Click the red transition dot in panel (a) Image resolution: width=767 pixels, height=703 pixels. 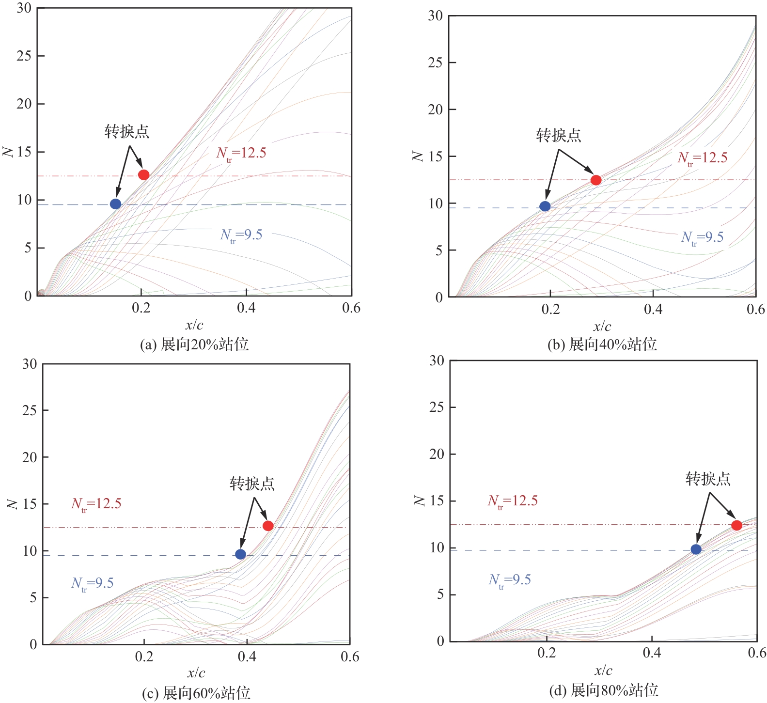coord(143,174)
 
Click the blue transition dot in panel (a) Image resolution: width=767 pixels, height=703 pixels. coord(115,204)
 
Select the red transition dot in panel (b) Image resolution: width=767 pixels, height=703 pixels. coord(596,180)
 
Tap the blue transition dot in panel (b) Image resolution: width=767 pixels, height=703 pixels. coord(545,206)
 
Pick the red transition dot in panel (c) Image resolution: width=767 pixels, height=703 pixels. coord(268,526)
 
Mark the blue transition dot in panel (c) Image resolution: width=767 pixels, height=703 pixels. coord(240,554)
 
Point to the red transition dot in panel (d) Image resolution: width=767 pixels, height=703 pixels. coord(736,525)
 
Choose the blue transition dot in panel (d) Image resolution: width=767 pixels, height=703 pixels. coord(696,549)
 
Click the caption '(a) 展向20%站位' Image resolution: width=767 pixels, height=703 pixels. coord(194,344)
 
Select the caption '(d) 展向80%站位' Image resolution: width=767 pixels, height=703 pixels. coord(603,690)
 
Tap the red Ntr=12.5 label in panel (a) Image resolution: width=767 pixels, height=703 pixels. coord(241,154)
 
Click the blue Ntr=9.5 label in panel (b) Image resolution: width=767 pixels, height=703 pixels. coord(702,237)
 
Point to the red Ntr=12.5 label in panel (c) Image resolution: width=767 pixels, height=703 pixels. coord(96,504)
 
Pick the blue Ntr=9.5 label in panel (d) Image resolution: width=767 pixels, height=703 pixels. coord(510,580)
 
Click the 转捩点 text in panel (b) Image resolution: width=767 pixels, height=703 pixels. coord(559,135)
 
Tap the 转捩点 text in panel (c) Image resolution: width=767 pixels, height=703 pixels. coord(252,484)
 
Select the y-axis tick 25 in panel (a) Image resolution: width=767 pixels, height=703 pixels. coord(24,56)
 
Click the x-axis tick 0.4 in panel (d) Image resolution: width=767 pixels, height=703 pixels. coord(652,653)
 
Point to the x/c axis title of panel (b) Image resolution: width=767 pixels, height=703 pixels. coord(602,327)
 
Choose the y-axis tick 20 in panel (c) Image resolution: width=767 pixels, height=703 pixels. coord(30,457)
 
